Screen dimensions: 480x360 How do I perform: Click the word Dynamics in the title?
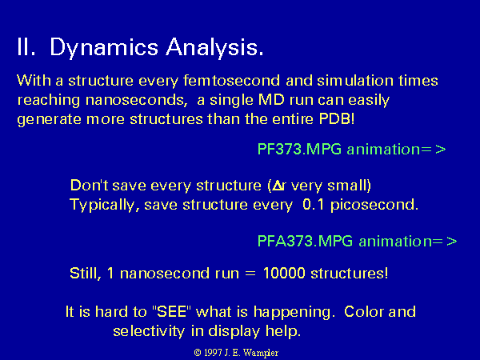click(104, 48)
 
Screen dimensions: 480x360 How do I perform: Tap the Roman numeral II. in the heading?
click(26, 47)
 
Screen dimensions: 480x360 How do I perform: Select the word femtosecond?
click(231, 81)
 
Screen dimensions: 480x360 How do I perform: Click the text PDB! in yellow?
click(337, 118)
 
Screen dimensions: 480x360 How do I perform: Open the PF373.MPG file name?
click(299, 149)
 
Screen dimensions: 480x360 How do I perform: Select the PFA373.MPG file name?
click(306, 241)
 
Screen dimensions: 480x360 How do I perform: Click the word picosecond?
click(374, 205)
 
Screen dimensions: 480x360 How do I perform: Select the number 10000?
click(284, 273)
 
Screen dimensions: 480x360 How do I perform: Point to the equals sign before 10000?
click(250, 274)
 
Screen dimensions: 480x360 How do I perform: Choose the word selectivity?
click(149, 331)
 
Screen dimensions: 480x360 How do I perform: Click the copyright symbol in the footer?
click(198, 353)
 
